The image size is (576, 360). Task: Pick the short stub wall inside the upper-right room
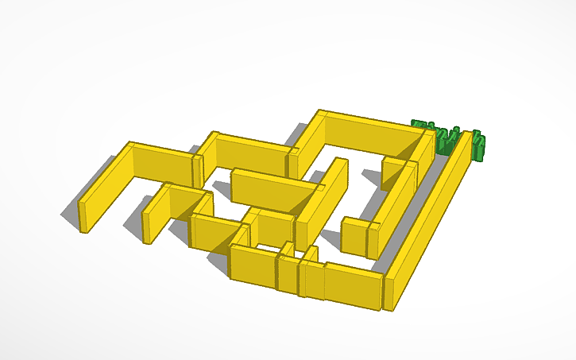(393, 171)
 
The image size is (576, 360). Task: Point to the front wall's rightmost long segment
(353, 285)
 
